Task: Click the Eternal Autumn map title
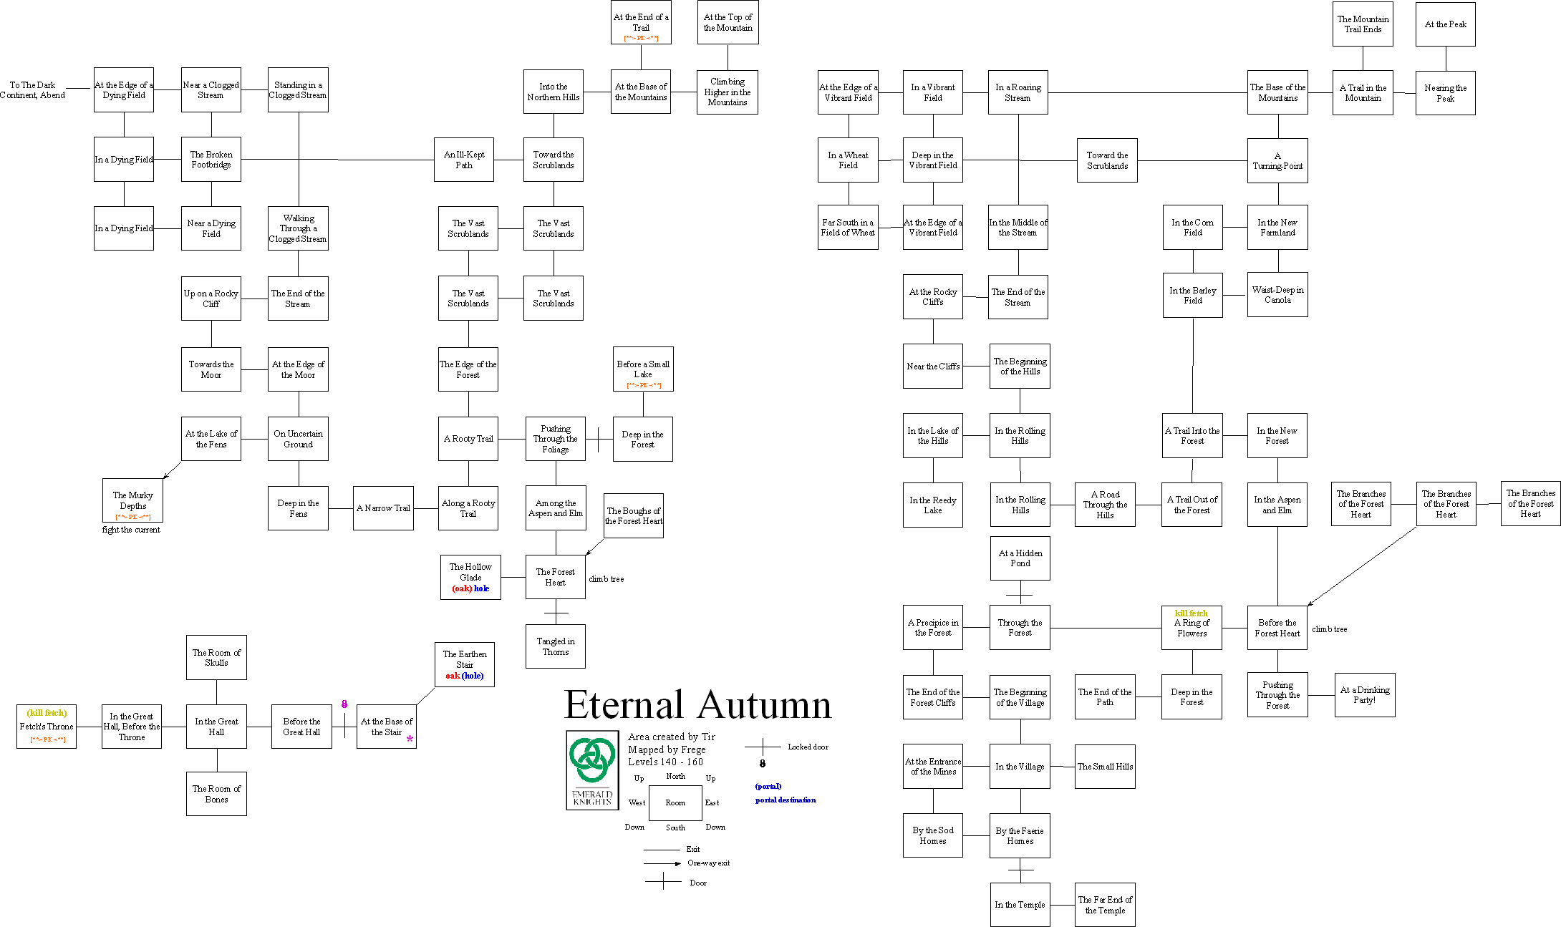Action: click(697, 704)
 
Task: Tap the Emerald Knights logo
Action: click(592, 770)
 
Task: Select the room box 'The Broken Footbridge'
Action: click(211, 160)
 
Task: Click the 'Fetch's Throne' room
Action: click(47, 727)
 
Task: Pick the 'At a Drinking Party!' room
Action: click(1365, 695)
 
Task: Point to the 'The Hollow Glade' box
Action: click(470, 578)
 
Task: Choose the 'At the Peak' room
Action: click(1445, 24)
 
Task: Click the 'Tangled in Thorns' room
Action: click(556, 646)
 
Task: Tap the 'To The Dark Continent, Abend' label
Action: click(32, 90)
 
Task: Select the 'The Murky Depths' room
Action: click(133, 500)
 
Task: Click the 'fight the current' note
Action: click(131, 530)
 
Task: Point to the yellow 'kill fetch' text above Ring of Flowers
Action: click(1192, 613)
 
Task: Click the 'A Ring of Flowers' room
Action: click(1192, 628)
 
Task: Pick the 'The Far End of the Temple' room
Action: click(1105, 905)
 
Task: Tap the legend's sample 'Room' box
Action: click(675, 803)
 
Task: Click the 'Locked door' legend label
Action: click(808, 747)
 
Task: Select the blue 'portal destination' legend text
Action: click(786, 800)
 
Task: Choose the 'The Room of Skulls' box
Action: click(216, 658)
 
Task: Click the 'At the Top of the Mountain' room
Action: click(728, 23)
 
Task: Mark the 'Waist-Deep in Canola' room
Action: click(1277, 295)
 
